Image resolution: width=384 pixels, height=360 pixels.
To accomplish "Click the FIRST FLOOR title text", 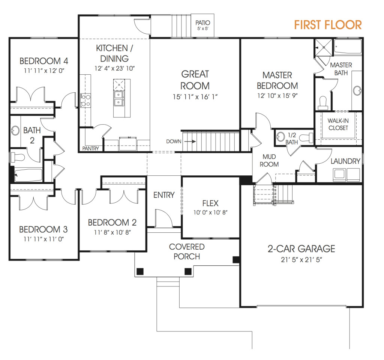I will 328,25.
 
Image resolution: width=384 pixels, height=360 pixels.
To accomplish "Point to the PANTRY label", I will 90,148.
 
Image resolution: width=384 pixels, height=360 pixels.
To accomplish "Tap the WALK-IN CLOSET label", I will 338,124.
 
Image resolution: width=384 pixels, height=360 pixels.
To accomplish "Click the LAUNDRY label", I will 345,161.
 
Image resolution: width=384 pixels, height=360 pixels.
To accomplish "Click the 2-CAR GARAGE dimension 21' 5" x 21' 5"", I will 301,260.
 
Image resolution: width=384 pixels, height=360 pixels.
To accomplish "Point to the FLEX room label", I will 210,203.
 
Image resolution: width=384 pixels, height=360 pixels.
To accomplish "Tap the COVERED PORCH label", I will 187,252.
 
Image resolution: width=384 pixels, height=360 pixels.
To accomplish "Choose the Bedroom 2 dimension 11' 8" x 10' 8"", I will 112,232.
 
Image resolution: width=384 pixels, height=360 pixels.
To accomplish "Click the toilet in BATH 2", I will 17,156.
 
